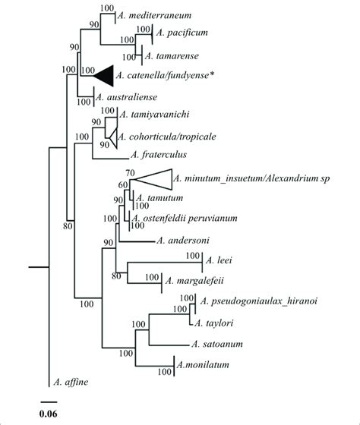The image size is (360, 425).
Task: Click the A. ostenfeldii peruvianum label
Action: click(185, 219)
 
